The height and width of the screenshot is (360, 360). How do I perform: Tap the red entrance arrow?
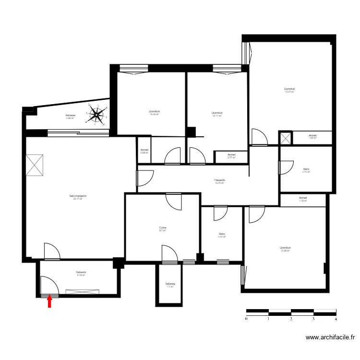49,301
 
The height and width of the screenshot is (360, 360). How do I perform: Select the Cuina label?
162,229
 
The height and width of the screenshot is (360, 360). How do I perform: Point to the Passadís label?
220,181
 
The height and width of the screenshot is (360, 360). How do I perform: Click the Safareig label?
170,285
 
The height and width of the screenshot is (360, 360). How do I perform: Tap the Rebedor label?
81,274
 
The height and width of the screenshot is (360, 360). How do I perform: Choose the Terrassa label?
71,117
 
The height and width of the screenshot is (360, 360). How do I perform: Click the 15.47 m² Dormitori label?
289,90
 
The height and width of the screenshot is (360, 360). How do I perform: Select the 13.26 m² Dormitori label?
285,249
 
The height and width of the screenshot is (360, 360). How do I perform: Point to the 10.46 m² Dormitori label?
155,113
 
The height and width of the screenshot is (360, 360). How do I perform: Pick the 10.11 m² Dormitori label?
217,114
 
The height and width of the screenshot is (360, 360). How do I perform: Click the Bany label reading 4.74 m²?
306,169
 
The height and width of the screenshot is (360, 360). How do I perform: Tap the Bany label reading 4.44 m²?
221,235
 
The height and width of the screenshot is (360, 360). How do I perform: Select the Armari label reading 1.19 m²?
302,199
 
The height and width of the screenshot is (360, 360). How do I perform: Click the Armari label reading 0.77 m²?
231,156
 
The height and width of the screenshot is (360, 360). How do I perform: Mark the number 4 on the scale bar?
336,318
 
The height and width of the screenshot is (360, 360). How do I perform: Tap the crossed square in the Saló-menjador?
35,164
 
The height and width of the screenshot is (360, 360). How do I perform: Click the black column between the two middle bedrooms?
192,132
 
